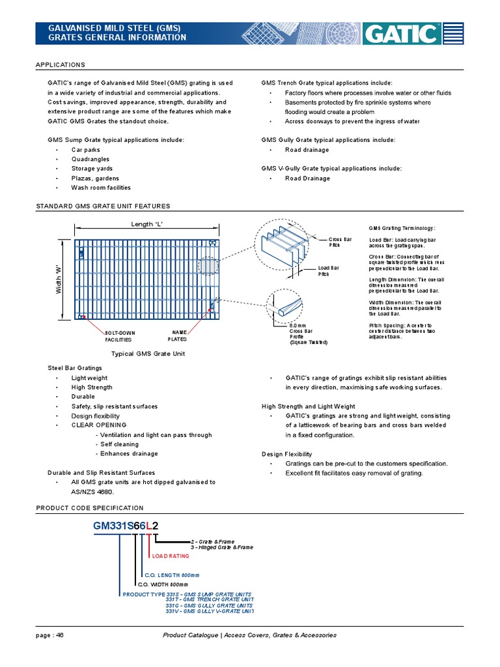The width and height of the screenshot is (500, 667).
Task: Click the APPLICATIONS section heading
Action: (x=61, y=65)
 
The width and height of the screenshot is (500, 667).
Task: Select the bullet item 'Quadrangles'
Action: (x=90, y=159)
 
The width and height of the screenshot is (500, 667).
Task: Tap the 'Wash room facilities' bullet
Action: (x=101, y=188)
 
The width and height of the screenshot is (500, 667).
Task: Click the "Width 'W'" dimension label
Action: (x=58, y=278)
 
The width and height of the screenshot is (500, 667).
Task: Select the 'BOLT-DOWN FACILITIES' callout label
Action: (x=120, y=336)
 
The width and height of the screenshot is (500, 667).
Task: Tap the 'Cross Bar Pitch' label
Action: (x=339, y=242)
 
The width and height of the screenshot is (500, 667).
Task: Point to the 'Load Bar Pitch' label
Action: (x=328, y=271)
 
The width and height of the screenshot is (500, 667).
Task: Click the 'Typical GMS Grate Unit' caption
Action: (x=148, y=353)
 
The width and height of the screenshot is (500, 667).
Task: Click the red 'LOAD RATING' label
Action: (x=171, y=556)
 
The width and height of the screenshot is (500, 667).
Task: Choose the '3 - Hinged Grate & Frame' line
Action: (x=221, y=548)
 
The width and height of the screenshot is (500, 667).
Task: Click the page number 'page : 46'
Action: (x=50, y=635)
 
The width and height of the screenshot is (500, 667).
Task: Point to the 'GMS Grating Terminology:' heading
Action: (x=402, y=229)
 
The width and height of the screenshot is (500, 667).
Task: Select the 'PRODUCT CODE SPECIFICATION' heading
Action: (x=90, y=507)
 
